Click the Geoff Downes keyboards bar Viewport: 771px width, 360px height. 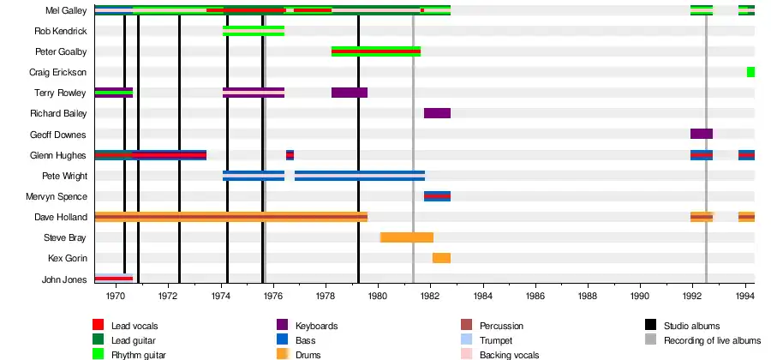click(701, 134)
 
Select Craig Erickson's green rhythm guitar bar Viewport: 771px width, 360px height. click(750, 72)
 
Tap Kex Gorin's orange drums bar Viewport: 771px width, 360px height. click(441, 258)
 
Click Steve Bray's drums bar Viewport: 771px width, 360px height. click(407, 237)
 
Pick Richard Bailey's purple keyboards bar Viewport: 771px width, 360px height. click(437, 113)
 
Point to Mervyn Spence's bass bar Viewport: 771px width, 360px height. click(437, 196)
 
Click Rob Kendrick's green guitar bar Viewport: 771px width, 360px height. click(253, 31)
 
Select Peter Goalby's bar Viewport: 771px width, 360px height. click(375, 51)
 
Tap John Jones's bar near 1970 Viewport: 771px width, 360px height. click(113, 278)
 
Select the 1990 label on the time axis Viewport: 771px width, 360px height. click(640, 296)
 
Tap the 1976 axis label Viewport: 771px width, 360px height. click(273, 296)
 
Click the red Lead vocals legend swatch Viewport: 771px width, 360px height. click(99, 326)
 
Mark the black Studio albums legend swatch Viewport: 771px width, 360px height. click(650, 326)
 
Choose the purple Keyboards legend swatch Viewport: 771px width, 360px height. click(282, 326)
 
